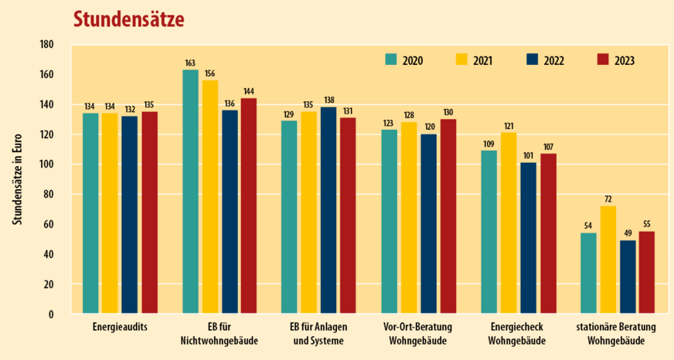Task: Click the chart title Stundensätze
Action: tap(128, 19)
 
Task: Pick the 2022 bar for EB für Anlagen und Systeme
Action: tap(329, 210)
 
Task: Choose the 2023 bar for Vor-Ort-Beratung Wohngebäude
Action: tap(448, 216)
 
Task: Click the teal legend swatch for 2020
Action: tap(391, 60)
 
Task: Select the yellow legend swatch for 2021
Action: tap(461, 60)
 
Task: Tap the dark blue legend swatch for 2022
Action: tap(533, 60)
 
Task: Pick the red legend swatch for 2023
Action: tap(604, 60)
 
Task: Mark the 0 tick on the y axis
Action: tap(50, 314)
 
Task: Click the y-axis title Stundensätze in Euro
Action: tap(16, 179)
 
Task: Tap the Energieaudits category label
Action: tap(121, 328)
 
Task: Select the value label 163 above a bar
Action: tap(190, 63)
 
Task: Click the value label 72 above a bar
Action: tap(608, 199)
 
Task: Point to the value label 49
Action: tap(627, 233)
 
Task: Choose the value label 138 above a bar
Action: tap(329, 100)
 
